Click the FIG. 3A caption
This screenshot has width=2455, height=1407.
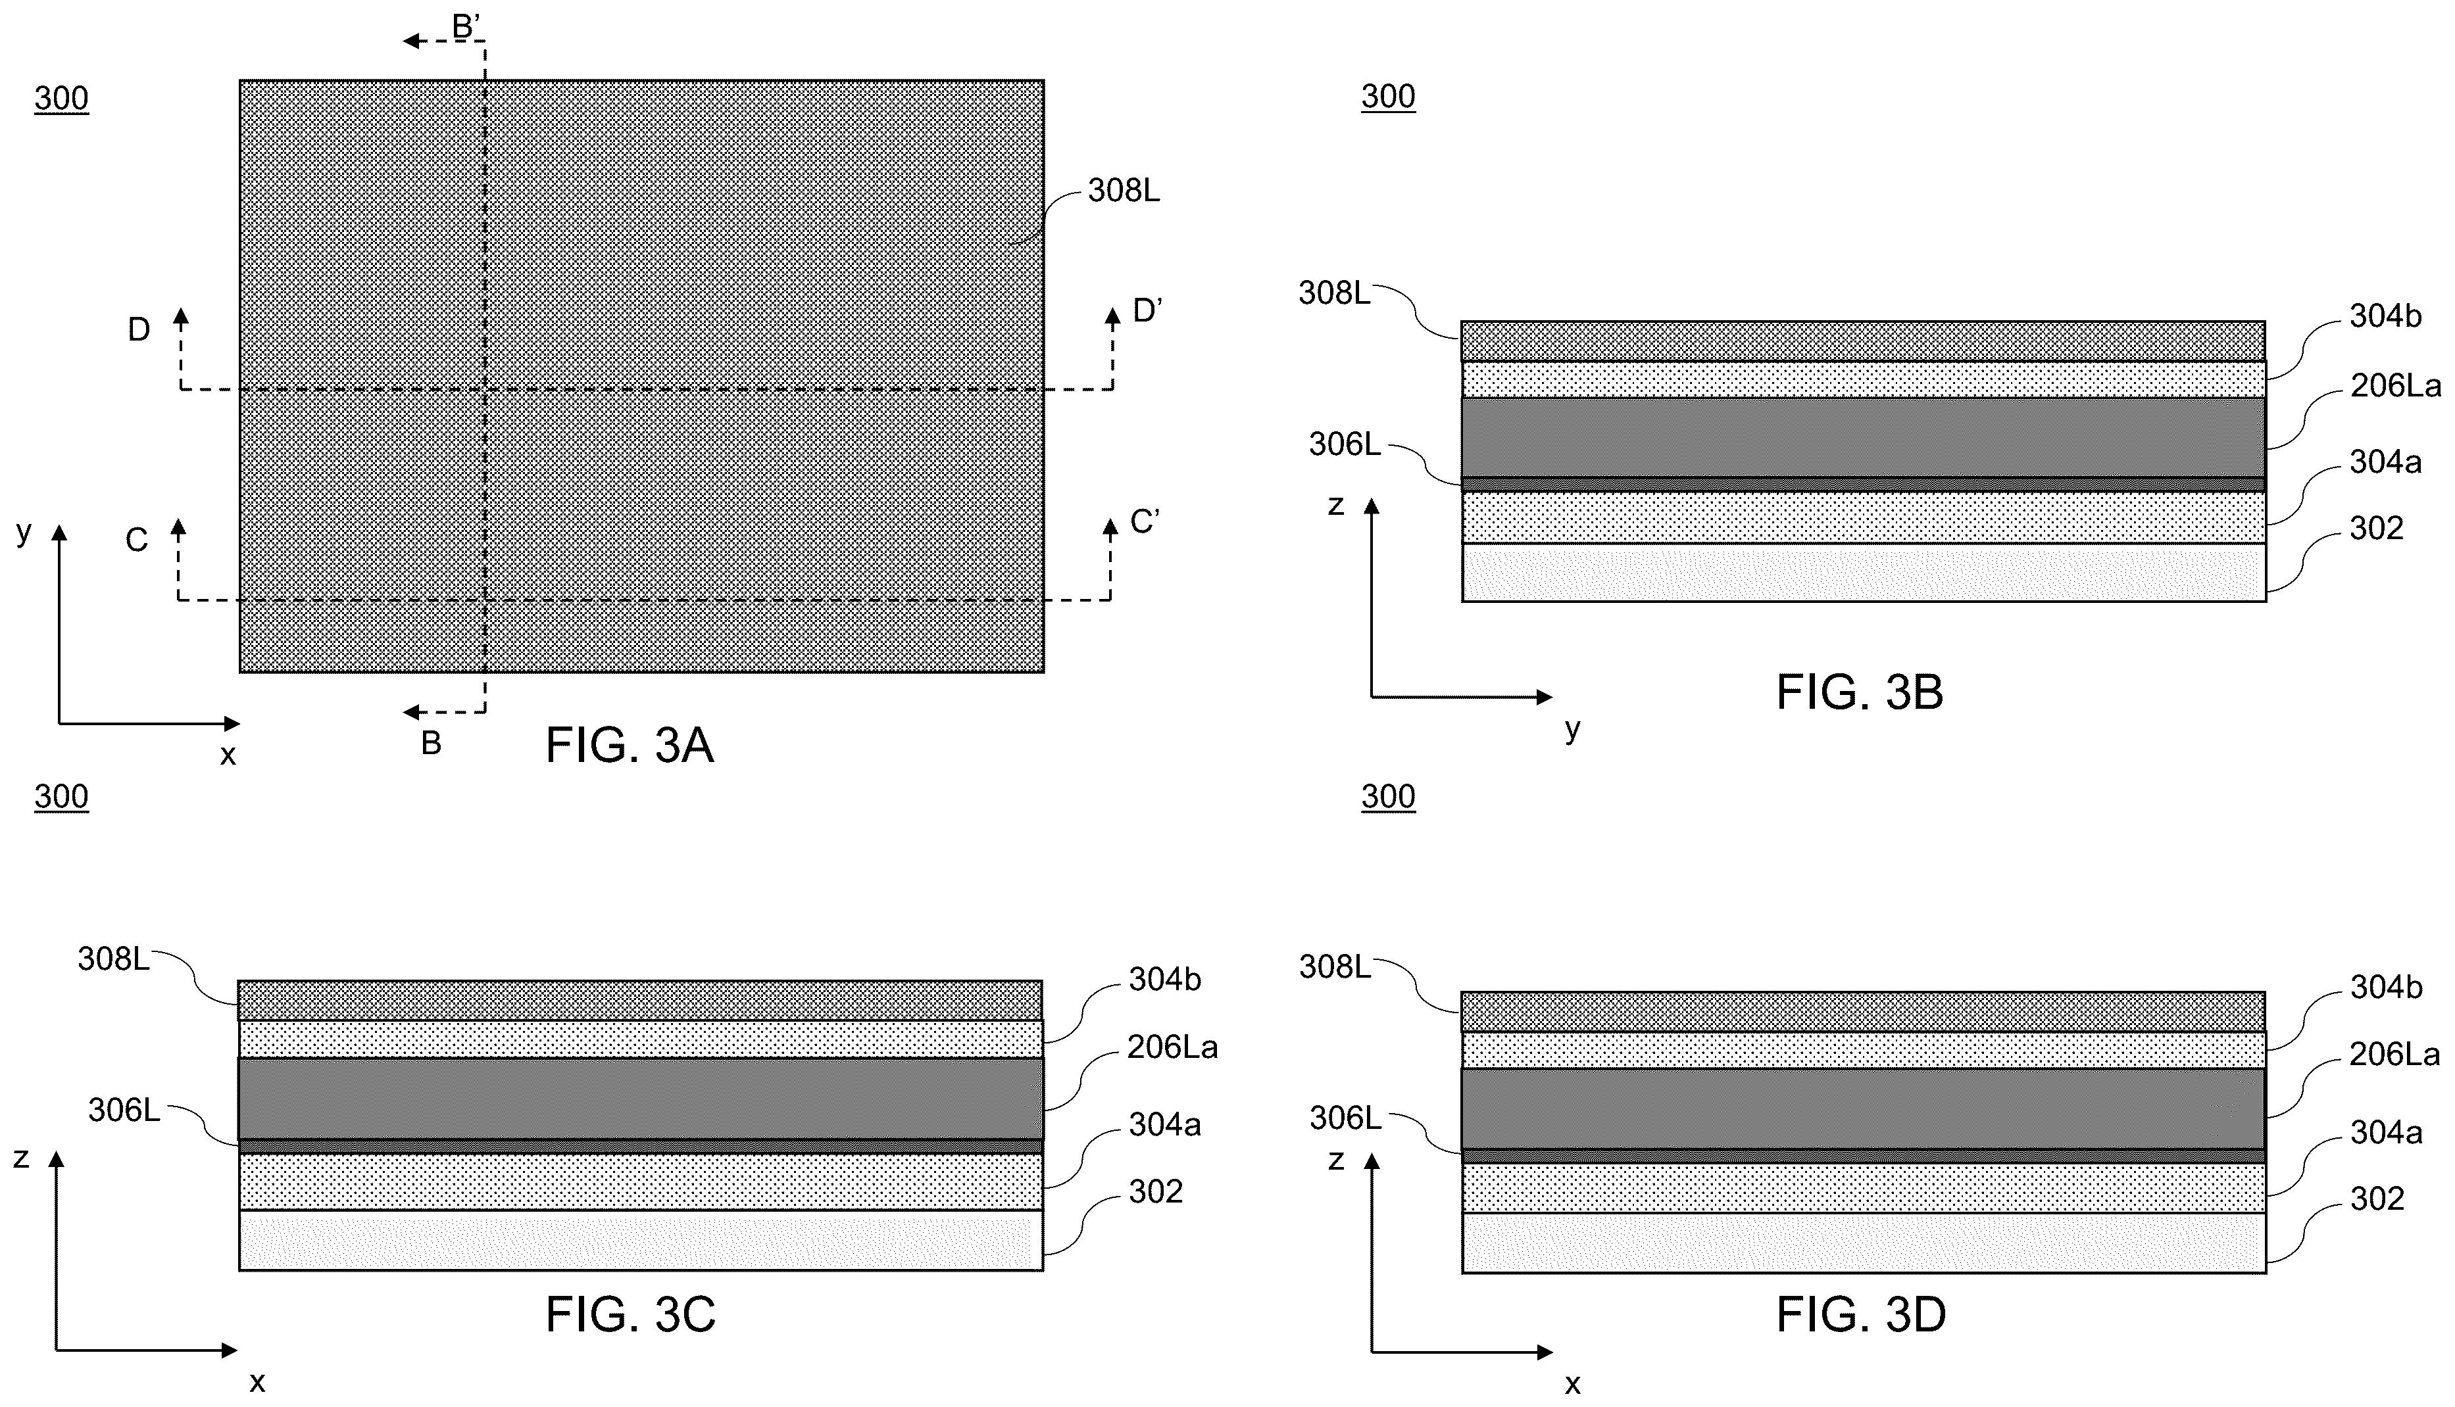pyautogui.click(x=630, y=745)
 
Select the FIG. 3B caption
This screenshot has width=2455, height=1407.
pyautogui.click(x=1860, y=692)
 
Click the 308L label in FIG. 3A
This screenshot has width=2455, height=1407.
pyautogui.click(x=1123, y=191)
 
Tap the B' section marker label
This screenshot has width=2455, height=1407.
pyautogui.click(x=467, y=26)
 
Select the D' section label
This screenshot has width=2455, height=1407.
pyautogui.click(x=1147, y=310)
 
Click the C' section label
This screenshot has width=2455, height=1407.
pyautogui.click(x=1145, y=522)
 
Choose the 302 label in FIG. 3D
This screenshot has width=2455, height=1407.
pyautogui.click(x=2377, y=1199)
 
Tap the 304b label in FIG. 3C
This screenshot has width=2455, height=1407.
pyautogui.click(x=1164, y=979)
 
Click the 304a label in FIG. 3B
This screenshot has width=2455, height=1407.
pyautogui.click(x=2385, y=462)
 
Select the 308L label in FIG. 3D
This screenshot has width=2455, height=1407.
pyautogui.click(x=1334, y=966)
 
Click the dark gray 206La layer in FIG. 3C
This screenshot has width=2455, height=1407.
pyautogui.click(x=641, y=1099)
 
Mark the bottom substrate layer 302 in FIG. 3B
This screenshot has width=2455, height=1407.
pyautogui.click(x=1864, y=572)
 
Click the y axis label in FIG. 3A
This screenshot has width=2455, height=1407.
pyautogui.click(x=24, y=531)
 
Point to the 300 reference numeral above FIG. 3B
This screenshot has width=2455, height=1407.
pyautogui.click(x=1388, y=96)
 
